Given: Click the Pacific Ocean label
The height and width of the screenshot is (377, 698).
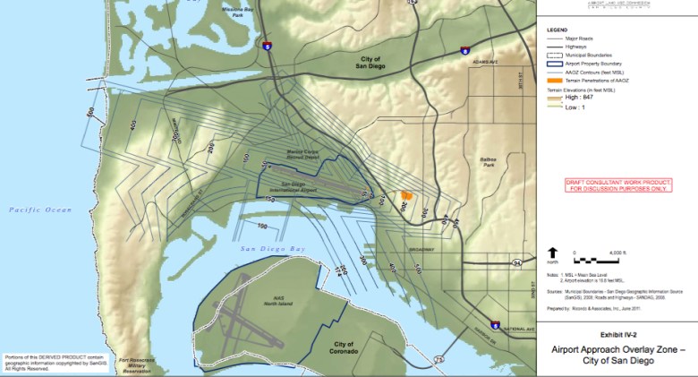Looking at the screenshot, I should click(x=40, y=210).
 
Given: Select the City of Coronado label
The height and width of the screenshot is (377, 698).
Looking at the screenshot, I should click(x=345, y=347).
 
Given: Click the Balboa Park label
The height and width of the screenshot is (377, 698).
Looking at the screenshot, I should click(x=489, y=164).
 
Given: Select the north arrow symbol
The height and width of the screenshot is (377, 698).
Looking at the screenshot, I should click(x=553, y=255).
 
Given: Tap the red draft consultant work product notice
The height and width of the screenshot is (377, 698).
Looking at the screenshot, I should click(x=617, y=185).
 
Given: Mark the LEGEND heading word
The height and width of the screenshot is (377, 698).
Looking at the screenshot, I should click(x=557, y=29).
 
